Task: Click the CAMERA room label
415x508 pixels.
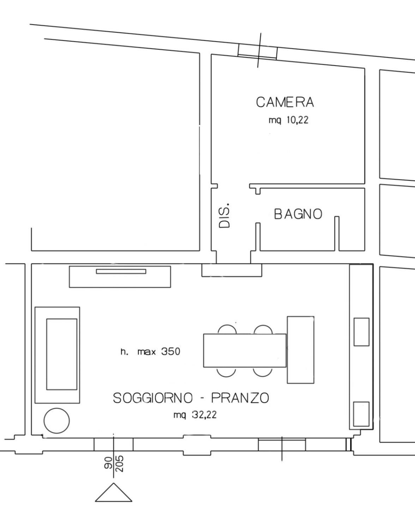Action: point(285,102)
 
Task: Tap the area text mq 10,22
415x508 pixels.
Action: point(288,120)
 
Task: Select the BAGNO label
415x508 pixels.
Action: point(298,214)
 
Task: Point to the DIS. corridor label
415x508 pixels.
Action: point(224,215)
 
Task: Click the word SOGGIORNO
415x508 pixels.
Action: point(153,398)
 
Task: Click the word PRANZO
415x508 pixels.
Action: point(240,398)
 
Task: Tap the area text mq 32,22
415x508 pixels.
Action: point(195,415)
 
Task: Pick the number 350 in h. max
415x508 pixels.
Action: point(170,352)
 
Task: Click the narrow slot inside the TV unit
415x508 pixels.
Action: point(121,271)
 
